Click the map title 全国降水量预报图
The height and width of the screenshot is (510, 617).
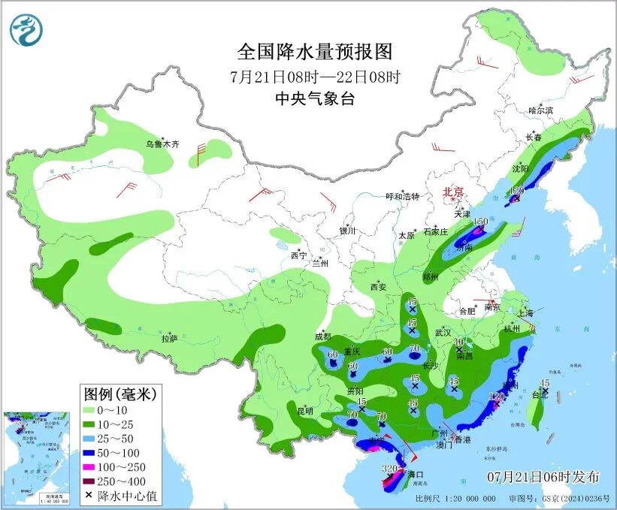(315, 52)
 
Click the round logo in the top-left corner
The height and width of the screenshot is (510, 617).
(26, 30)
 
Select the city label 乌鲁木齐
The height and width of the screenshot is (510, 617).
(163, 143)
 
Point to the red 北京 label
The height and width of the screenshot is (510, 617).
(454, 192)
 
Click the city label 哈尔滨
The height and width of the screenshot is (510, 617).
(540, 110)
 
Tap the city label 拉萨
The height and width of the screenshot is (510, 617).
(169, 339)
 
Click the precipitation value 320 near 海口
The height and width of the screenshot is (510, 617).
(389, 469)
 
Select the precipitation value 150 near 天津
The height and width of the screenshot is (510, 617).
(480, 222)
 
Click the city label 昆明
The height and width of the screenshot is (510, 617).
(304, 411)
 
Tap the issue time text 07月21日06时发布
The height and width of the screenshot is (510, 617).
(543, 477)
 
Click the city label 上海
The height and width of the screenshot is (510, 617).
(526, 313)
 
